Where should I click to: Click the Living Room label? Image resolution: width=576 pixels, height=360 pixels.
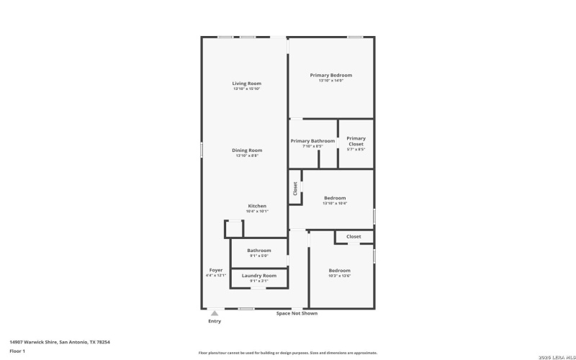pos(246,84)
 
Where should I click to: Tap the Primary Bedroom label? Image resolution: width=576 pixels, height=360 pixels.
pos(331,75)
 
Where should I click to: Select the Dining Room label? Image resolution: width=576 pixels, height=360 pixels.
pos(246,150)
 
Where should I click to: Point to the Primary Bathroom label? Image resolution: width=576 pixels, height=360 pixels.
pos(313,141)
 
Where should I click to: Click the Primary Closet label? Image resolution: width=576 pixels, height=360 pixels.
pos(356,141)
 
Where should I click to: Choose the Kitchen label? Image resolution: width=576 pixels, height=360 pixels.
pos(258,206)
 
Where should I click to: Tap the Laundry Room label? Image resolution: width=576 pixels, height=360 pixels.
pos(259,275)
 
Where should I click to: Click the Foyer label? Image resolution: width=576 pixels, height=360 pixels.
pos(215,270)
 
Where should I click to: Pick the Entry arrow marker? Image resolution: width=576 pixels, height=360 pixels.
pos(214,313)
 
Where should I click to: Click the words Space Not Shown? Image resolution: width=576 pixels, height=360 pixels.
pos(297,313)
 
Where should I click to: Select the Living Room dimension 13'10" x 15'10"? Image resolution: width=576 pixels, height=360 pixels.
pos(246,89)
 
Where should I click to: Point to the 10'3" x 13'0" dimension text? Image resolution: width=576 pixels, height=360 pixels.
pos(339,276)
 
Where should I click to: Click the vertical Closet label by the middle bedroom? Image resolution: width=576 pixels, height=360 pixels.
pos(295,188)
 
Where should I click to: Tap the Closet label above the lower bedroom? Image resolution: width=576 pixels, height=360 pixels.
pos(354,236)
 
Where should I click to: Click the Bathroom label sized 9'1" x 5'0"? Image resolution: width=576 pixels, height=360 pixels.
pos(259,251)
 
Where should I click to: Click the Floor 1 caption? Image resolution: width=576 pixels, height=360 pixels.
pos(17,351)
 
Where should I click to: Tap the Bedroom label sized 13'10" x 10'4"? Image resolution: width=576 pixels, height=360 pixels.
pos(335,198)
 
